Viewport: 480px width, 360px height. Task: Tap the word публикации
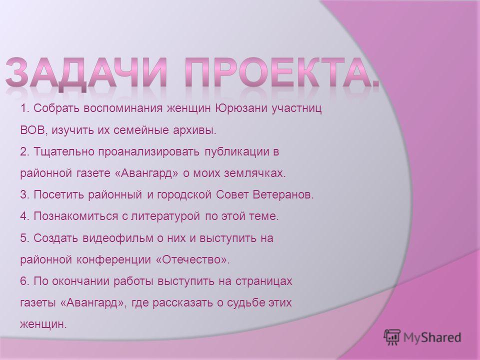point(236,152)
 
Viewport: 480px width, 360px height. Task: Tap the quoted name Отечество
point(190,260)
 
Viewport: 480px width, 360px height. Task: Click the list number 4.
point(23,216)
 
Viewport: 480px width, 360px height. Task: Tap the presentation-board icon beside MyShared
point(392,337)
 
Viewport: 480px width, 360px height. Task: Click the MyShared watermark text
point(432,337)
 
